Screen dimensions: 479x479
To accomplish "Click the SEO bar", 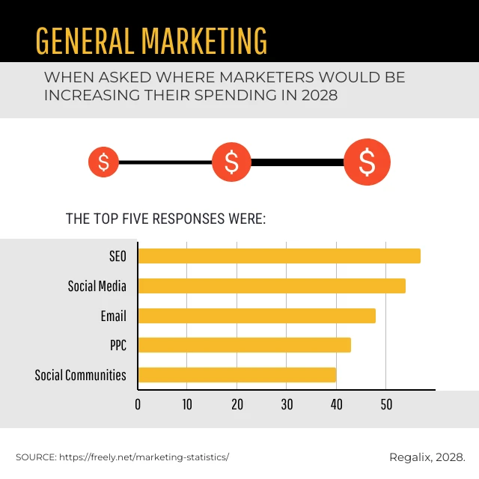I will click(x=279, y=256).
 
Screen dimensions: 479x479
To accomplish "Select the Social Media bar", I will click(x=272, y=286).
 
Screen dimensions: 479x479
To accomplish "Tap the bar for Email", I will click(x=257, y=316).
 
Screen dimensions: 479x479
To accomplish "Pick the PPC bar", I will click(x=245, y=345).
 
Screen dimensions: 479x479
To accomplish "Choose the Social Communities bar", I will click(x=237, y=375).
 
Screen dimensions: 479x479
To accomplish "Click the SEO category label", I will click(x=118, y=256).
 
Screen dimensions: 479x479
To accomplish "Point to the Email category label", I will click(x=113, y=316).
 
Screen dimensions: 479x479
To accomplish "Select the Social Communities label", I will click(x=81, y=375).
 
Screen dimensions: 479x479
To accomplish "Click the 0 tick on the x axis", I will click(x=138, y=405).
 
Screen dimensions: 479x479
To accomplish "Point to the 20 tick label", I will click(x=237, y=405).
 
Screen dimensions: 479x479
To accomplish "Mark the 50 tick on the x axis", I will click(x=385, y=405).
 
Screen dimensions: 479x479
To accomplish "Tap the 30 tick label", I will click(x=287, y=405).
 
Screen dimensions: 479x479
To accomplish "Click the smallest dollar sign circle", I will click(x=103, y=162).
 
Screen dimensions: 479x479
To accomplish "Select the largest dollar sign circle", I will click(x=367, y=162).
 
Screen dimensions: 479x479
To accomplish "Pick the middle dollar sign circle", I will click(x=231, y=162).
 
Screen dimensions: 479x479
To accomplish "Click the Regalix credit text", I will click(x=427, y=457).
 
